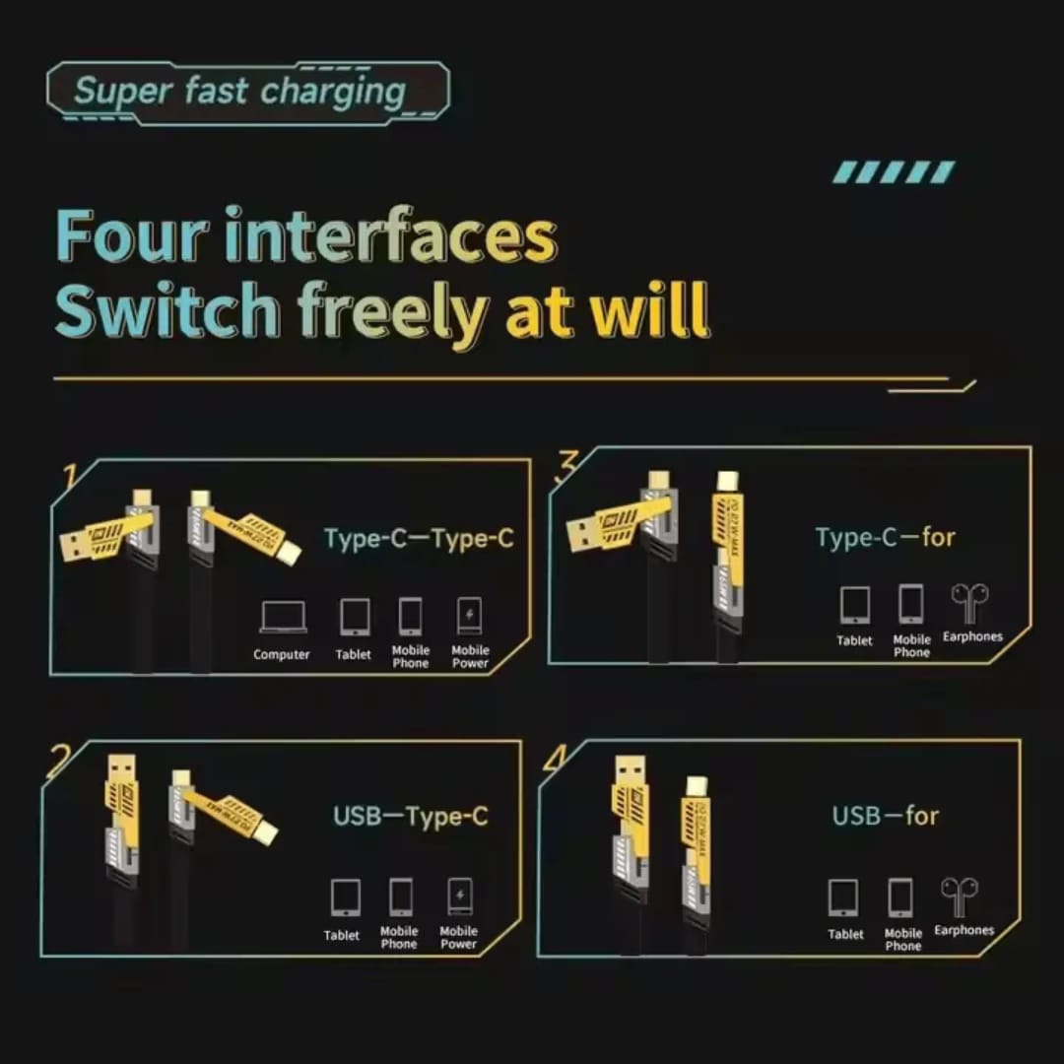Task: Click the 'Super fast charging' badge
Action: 246,92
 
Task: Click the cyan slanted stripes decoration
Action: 894,172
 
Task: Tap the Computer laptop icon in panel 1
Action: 282,618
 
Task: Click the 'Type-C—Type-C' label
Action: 419,538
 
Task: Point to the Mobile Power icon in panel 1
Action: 470,617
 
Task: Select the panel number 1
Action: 70,477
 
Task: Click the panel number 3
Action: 565,465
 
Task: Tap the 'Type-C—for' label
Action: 885,537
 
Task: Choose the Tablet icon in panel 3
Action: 854,605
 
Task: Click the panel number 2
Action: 59,762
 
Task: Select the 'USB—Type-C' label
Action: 410,816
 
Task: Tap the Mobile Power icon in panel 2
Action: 459,898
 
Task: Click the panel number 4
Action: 555,760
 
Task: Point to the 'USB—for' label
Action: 885,816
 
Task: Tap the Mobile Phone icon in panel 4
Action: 901,898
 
